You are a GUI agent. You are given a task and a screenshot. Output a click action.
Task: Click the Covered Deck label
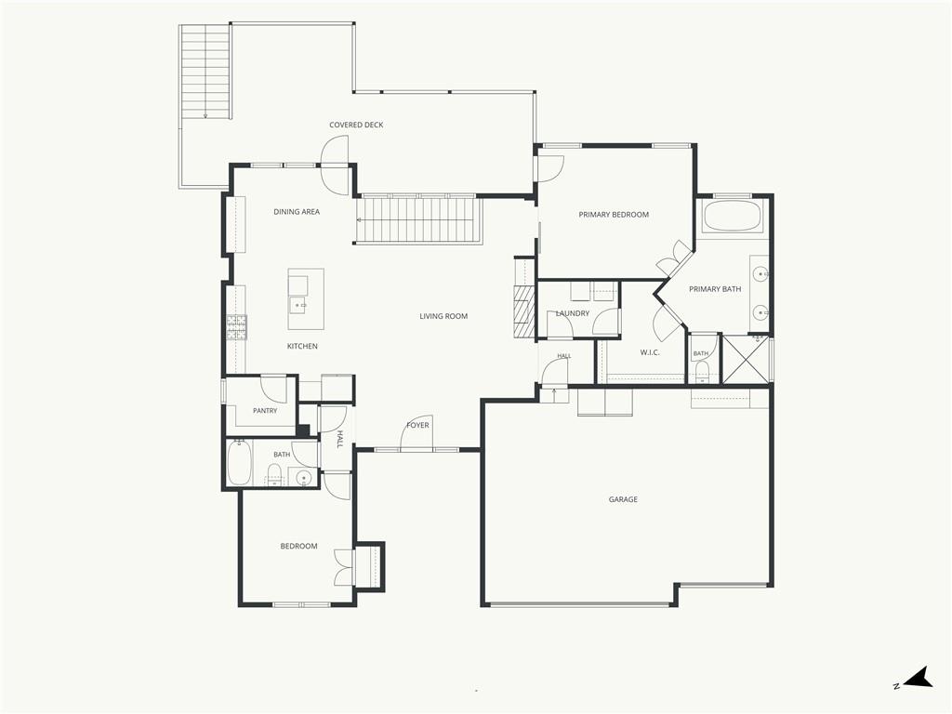[x=356, y=126]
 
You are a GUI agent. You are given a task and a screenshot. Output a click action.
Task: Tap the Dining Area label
[x=297, y=212]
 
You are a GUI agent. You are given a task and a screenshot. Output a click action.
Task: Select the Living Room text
[x=443, y=316]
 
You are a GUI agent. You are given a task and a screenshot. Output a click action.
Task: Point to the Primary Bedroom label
[x=614, y=215]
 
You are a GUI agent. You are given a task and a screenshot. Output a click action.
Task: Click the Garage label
[x=623, y=499]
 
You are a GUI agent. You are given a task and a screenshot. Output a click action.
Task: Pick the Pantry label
[x=265, y=411]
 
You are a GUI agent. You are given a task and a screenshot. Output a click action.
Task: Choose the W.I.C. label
[x=650, y=352]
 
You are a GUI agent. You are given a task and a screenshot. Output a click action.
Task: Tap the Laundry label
[x=573, y=314]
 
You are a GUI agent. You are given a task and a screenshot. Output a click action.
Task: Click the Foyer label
[x=417, y=426]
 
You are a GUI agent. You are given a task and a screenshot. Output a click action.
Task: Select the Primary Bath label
[x=715, y=289]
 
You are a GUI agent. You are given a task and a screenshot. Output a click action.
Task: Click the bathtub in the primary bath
[x=732, y=217]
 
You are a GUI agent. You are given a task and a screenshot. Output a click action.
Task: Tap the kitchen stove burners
[x=237, y=328]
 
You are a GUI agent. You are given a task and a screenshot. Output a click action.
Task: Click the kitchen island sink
[x=297, y=304]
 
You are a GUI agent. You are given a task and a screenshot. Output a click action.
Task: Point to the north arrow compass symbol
[x=918, y=679]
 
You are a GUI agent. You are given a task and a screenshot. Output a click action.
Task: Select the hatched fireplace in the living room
[x=524, y=311]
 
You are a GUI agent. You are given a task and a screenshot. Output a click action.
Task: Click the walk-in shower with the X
[x=746, y=359]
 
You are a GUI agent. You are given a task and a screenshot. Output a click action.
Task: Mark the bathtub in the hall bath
[x=239, y=463]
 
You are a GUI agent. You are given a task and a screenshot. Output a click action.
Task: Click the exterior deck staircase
[x=205, y=72]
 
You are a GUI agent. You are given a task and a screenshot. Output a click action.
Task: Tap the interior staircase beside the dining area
[x=418, y=219]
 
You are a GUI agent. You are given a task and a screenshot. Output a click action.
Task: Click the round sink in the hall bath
[x=304, y=479]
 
